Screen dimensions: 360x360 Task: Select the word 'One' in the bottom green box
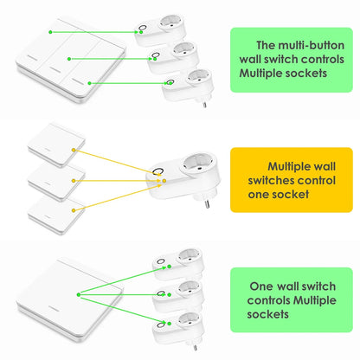pyautogui.click(x=264, y=286)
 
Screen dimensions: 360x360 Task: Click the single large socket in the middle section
pyautogui.click(x=190, y=177)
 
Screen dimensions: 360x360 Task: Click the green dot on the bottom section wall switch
pyautogui.click(x=80, y=295)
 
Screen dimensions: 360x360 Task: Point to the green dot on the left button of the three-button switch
pyautogui.click(x=51, y=32)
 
